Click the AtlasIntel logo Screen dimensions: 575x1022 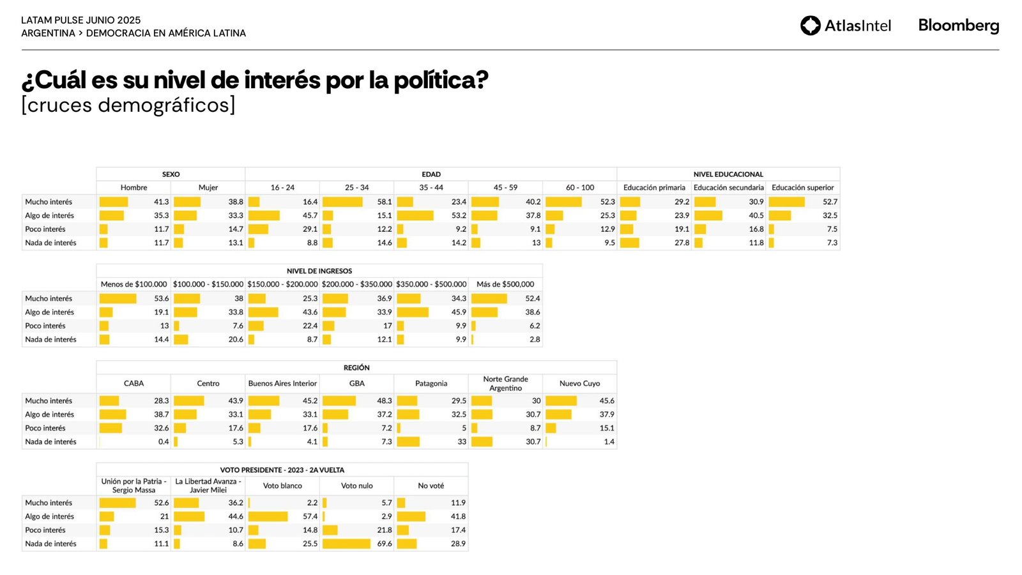tap(845, 26)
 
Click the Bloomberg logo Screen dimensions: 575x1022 tap(958, 26)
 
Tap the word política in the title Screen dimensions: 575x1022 tap(441, 80)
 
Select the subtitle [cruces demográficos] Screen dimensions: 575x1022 tap(128, 105)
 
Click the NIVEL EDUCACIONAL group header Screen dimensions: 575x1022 tap(728, 174)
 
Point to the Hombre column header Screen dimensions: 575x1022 tap(133, 188)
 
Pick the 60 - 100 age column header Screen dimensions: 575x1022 tap(580, 188)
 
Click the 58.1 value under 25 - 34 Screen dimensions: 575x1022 tap(385, 202)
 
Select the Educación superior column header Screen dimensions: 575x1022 tap(803, 188)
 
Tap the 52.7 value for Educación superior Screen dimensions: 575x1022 tap(830, 202)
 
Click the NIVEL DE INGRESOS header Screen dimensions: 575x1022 tap(319, 271)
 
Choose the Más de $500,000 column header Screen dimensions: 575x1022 tap(505, 284)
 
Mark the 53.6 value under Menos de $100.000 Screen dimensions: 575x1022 tap(162, 298)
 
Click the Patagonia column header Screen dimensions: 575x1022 tap(431, 383)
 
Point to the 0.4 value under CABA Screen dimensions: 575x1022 tap(164, 441)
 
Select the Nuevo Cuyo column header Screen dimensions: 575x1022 tap(580, 383)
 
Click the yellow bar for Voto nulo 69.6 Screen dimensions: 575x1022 tap(346, 544)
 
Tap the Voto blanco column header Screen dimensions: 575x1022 tap(282, 486)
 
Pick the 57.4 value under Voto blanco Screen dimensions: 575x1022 tap(310, 516)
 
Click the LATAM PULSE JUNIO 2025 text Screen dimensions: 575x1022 tap(81, 20)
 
